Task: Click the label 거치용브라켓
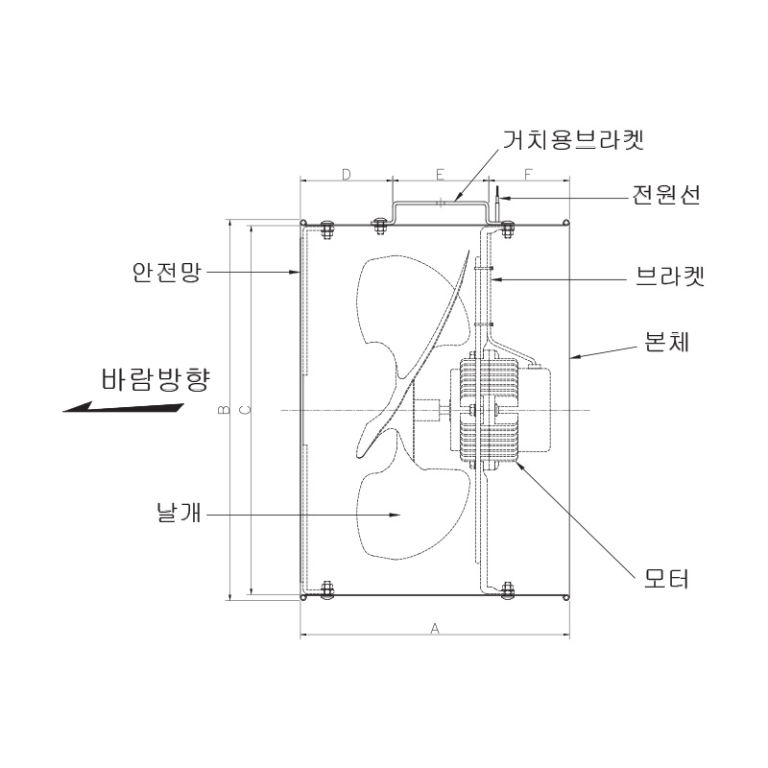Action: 572,139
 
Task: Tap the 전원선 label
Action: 666,195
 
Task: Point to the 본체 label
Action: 666,342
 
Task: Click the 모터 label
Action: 666,579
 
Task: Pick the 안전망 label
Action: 166,272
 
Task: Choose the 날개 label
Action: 180,513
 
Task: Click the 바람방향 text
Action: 156,379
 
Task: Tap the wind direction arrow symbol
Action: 124,407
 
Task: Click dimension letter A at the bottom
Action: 435,628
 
